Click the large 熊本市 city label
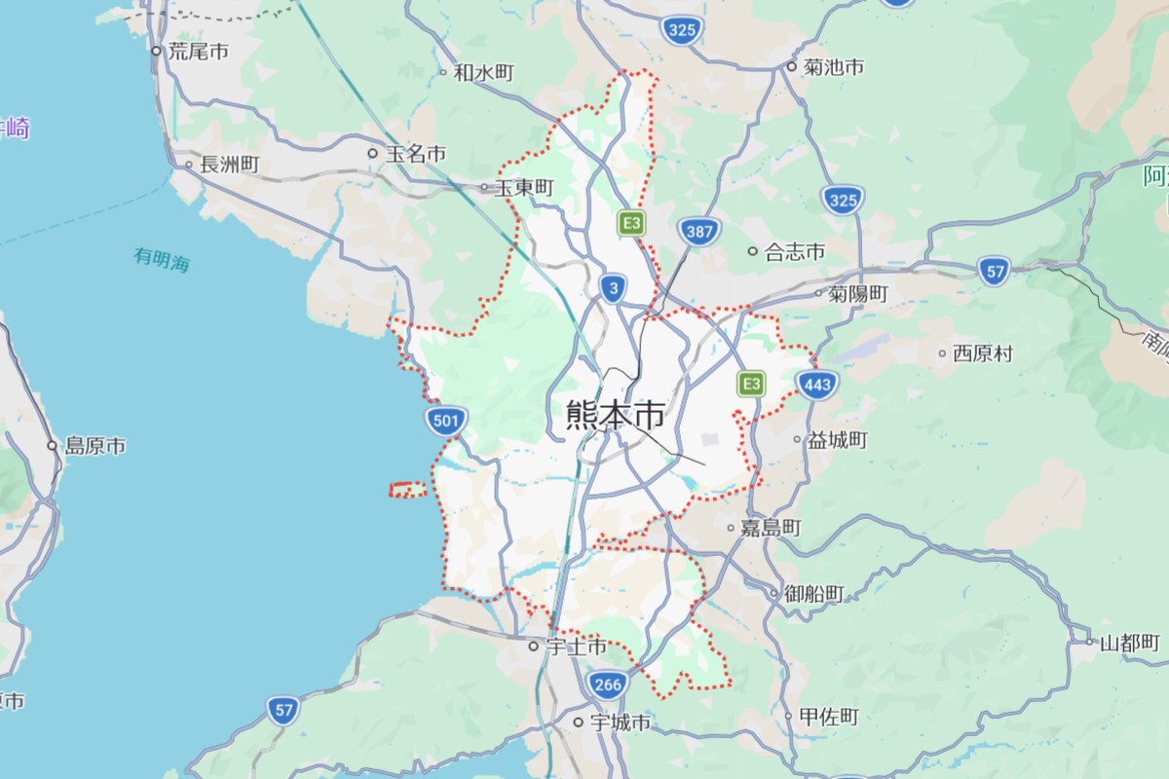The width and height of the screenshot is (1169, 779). tap(616, 416)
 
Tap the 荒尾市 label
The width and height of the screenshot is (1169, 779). tap(198, 52)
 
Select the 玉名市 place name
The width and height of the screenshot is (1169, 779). tap(416, 154)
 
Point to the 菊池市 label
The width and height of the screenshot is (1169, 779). tap(834, 67)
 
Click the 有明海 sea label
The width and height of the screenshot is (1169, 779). tap(162, 259)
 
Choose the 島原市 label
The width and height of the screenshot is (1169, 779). tap(94, 446)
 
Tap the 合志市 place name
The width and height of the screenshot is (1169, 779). tap(795, 251)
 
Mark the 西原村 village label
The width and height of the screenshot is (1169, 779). tap(983, 353)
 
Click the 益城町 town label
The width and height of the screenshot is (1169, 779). tap(837, 440)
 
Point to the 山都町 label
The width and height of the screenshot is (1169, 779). tap(1130, 643)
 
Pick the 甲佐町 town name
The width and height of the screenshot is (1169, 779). tap(828, 717)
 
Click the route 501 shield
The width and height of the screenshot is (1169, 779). tap(446, 421)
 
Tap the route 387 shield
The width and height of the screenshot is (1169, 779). tap(699, 232)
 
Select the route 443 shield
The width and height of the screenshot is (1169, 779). tap(817, 385)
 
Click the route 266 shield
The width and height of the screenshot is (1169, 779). tap(606, 685)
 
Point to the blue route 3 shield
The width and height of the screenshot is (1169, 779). tap(612, 288)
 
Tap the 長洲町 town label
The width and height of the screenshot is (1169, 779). tap(229, 165)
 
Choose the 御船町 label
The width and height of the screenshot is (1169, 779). tap(814, 593)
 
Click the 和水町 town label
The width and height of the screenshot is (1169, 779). tap(483, 72)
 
